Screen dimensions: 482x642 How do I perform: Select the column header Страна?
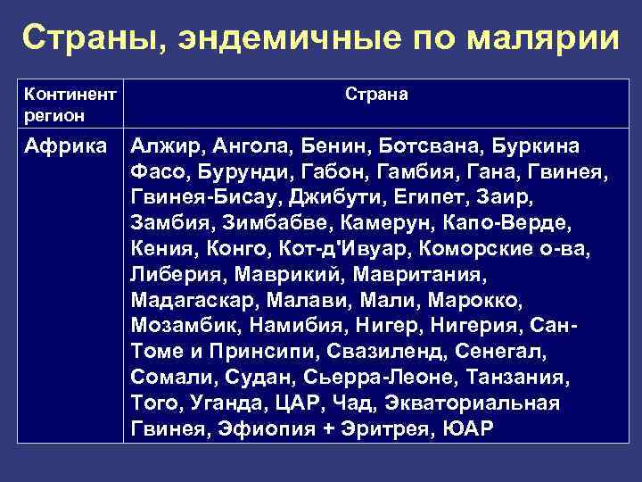coord(377,94)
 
